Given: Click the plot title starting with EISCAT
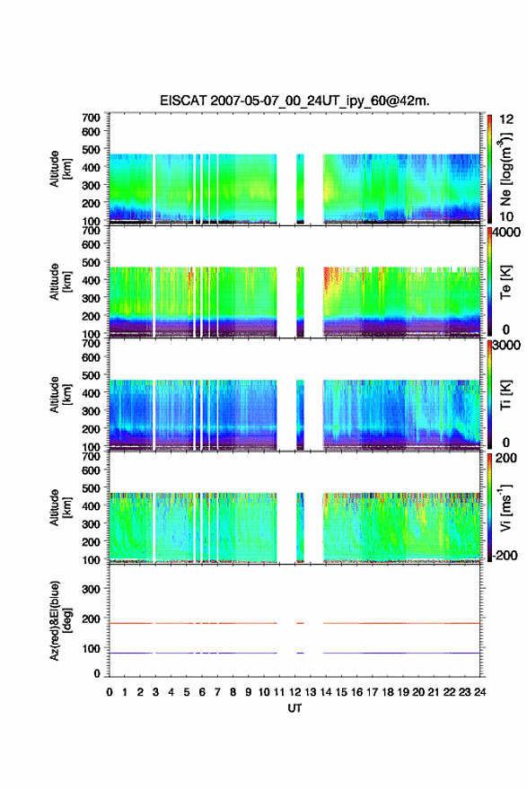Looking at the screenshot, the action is click(294, 101).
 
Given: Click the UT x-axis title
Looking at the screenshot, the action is click(294, 708).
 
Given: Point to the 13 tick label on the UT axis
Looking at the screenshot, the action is click(311, 692).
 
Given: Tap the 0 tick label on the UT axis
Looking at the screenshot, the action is click(110, 692).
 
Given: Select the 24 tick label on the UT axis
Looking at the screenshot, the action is click(480, 692).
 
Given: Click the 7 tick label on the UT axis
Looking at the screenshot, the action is click(217, 692).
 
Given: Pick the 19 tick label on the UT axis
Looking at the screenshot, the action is click(403, 692).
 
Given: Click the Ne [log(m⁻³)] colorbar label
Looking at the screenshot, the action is click(506, 170).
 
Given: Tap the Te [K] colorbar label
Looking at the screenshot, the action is click(505, 282).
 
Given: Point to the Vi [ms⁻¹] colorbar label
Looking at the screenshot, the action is click(505, 507).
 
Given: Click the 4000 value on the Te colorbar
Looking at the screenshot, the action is click(507, 233).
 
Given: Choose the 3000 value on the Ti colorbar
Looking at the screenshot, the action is click(507, 346).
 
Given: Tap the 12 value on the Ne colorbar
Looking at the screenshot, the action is click(507, 119).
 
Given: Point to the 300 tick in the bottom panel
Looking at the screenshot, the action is click(92, 589).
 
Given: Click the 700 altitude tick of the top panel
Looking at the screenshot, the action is click(92, 118).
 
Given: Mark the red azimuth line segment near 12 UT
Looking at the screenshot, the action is click(300, 623).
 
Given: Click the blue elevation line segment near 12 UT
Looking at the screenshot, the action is click(300, 653).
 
